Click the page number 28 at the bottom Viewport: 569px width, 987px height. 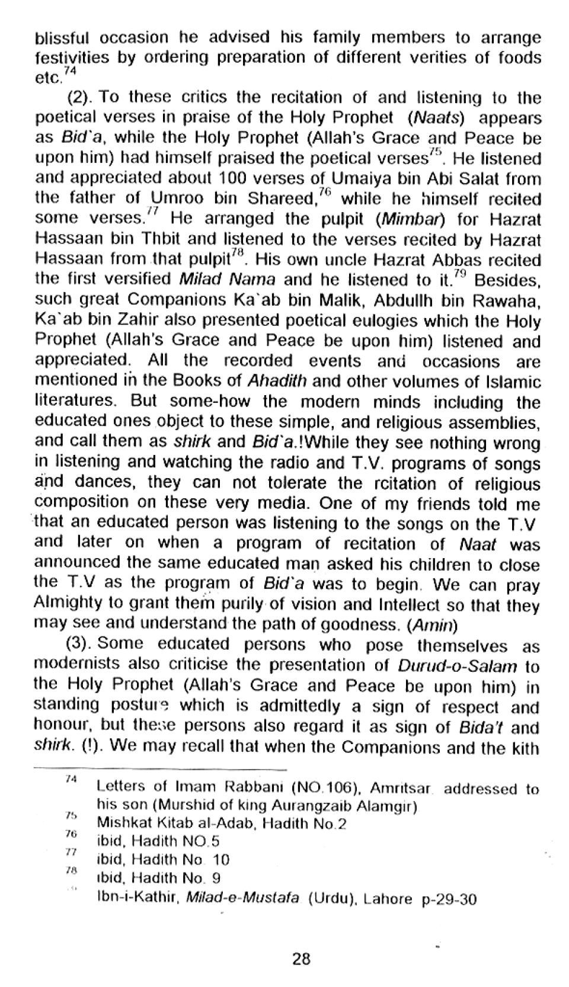pyautogui.click(x=301, y=958)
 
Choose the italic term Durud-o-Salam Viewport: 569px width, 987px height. pyautogui.click(x=458, y=666)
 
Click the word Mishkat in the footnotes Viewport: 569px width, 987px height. pyautogui.click(x=119, y=823)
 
